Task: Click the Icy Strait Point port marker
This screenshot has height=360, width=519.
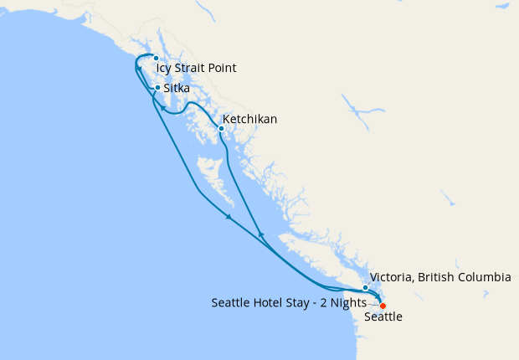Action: pyautogui.click(x=156, y=58)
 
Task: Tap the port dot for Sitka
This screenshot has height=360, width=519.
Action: pyautogui.click(x=157, y=87)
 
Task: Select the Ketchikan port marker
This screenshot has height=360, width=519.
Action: pyautogui.click(x=221, y=128)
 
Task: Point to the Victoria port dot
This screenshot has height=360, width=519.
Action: pyautogui.click(x=365, y=288)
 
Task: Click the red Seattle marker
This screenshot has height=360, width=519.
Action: pyautogui.click(x=383, y=306)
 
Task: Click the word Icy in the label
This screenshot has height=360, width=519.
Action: pyautogui.click(x=164, y=69)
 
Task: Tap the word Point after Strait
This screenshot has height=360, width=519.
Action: pyautogui.click(x=222, y=69)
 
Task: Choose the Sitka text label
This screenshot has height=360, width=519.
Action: pyautogui.click(x=177, y=87)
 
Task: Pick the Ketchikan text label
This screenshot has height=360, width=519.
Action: pyautogui.click(x=249, y=120)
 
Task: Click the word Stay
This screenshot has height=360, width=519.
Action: pyautogui.click(x=301, y=302)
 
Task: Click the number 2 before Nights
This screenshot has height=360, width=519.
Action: pyautogui.click(x=325, y=302)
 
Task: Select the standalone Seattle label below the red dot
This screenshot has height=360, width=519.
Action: pyautogui.click(x=383, y=317)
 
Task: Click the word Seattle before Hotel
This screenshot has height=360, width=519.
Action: pyautogui.click(x=232, y=302)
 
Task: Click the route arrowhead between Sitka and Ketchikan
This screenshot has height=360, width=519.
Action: pyautogui.click(x=165, y=109)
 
